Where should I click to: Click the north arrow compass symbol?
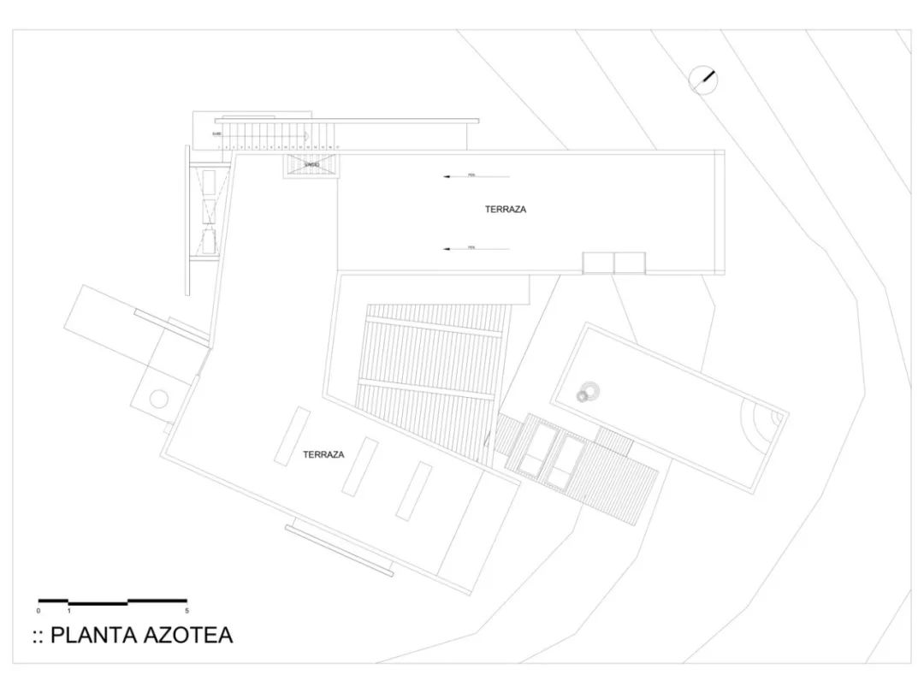703,80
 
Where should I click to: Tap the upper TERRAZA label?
506,209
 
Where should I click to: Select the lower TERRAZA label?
323,454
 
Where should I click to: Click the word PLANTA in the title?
96,636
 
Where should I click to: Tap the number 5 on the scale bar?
187,611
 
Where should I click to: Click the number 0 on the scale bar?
38,611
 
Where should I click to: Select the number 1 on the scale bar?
68,611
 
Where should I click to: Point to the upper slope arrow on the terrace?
476,177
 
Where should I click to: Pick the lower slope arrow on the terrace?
476,249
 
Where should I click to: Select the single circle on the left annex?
159,398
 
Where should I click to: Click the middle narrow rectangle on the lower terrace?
360,465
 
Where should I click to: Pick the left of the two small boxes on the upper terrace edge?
598,263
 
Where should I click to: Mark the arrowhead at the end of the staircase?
305,135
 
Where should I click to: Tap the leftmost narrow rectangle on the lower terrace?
293,435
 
